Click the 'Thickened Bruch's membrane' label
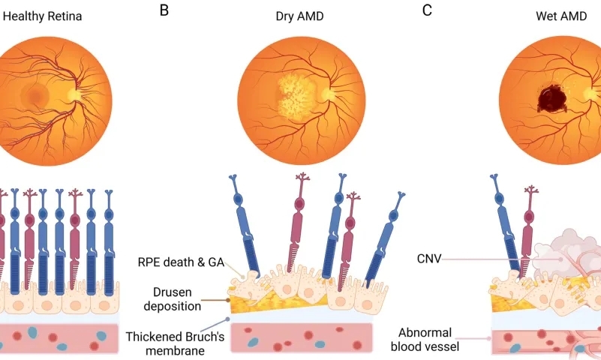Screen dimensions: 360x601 coord(174,343)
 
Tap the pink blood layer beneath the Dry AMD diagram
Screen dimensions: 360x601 coord(300,337)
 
